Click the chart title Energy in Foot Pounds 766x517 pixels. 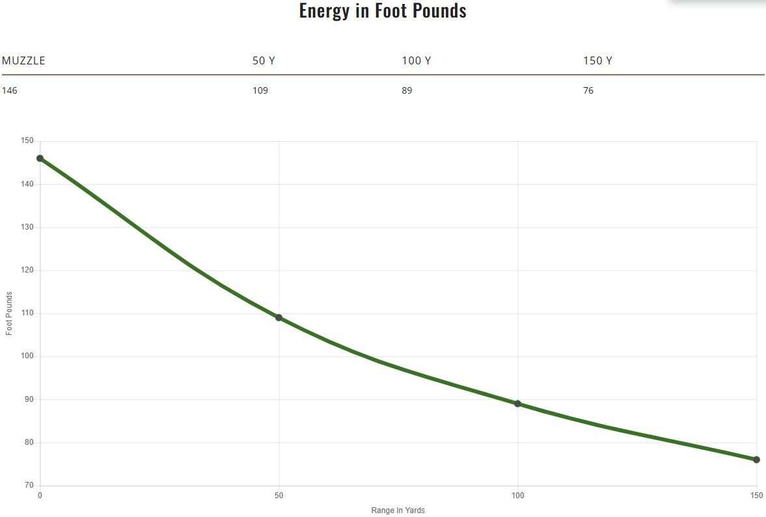pyautogui.click(x=383, y=10)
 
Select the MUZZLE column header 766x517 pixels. pyautogui.click(x=23, y=61)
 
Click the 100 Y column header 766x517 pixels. pyautogui.click(x=416, y=61)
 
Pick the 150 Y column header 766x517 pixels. pyautogui.click(x=597, y=61)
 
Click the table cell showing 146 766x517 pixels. pyautogui.click(x=10, y=90)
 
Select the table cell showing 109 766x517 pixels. pyautogui.click(x=260, y=90)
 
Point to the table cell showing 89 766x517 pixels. pyautogui.click(x=407, y=90)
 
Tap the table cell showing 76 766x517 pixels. pyautogui.click(x=588, y=90)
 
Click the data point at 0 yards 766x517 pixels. pyautogui.click(x=40, y=158)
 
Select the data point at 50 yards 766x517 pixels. pyautogui.click(x=279, y=317)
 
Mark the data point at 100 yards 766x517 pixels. pyautogui.click(x=517, y=404)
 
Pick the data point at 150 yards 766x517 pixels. pyautogui.click(x=756, y=460)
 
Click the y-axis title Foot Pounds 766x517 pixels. pyautogui.click(x=9, y=313)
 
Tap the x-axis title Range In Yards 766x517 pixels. pyautogui.click(x=398, y=510)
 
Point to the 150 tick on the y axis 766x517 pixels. pyautogui.click(x=27, y=141)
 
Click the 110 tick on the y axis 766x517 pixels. pyautogui.click(x=27, y=313)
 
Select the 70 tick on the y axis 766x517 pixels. pyautogui.click(x=29, y=486)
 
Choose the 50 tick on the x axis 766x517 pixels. pyautogui.click(x=279, y=496)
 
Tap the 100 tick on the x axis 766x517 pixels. pyautogui.click(x=517, y=496)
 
